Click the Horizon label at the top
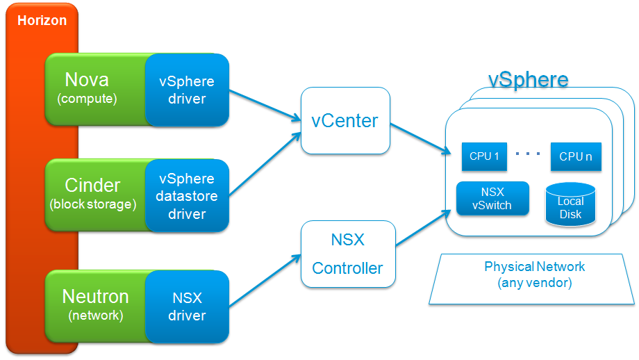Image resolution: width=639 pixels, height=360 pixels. (42, 20)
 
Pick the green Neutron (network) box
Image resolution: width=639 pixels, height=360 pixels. (96, 304)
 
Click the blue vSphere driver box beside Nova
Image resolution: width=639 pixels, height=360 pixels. (187, 90)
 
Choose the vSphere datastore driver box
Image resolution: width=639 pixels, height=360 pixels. (187, 196)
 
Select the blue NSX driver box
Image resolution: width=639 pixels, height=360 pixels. (187, 306)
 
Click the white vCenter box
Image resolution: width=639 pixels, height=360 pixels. (345, 120)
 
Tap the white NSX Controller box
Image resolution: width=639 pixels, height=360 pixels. (347, 254)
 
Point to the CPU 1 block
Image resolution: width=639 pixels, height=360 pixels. (484, 156)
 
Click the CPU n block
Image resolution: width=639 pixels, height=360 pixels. (576, 156)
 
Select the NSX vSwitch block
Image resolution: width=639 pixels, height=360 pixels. (492, 198)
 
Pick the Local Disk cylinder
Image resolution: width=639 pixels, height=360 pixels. (570, 206)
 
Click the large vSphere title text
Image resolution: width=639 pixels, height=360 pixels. (528, 79)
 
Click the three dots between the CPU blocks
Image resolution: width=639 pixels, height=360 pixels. (529, 154)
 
